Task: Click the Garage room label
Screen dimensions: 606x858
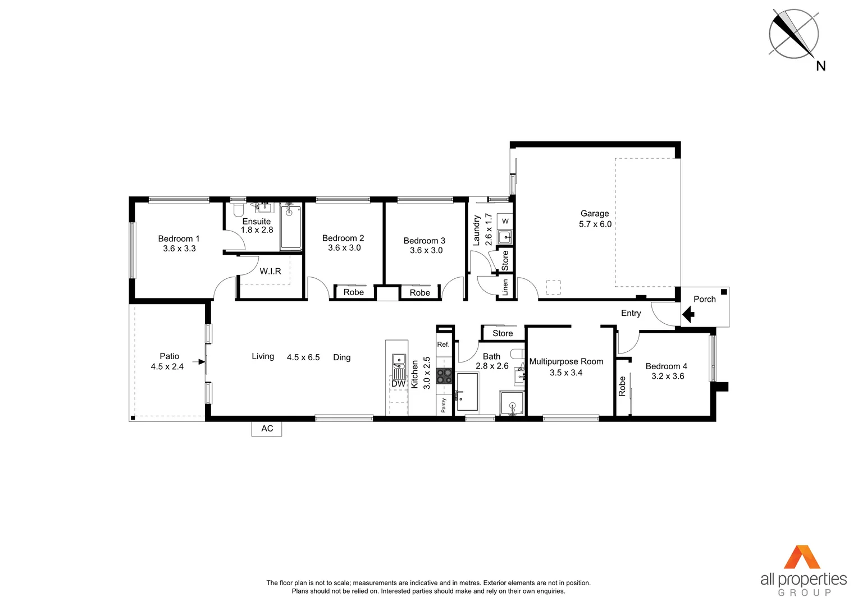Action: (x=595, y=213)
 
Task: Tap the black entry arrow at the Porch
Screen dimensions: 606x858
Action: (x=688, y=314)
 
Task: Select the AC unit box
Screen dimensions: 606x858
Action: (x=267, y=429)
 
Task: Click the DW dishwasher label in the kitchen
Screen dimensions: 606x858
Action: (x=398, y=384)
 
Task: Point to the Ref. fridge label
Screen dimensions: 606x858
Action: (x=443, y=345)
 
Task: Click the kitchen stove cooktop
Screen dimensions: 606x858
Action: (x=444, y=376)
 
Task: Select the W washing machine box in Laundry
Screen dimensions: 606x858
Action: (x=505, y=221)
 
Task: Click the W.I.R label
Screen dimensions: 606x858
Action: (x=270, y=272)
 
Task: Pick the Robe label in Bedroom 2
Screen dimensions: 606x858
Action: (x=354, y=292)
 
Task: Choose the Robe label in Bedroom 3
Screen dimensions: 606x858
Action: (x=419, y=293)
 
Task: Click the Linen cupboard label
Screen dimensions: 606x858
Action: (x=505, y=287)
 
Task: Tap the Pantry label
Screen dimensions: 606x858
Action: (x=444, y=405)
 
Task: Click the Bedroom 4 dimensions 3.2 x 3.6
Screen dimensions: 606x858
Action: (x=668, y=377)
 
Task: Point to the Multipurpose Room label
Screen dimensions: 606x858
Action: (x=566, y=362)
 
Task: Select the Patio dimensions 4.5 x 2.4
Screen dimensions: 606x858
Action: (x=167, y=367)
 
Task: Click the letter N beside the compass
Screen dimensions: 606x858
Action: (x=820, y=66)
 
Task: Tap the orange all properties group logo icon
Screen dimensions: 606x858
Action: (x=802, y=557)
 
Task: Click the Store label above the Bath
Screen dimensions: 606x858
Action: (x=503, y=333)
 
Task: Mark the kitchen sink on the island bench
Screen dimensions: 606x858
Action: (x=399, y=360)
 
